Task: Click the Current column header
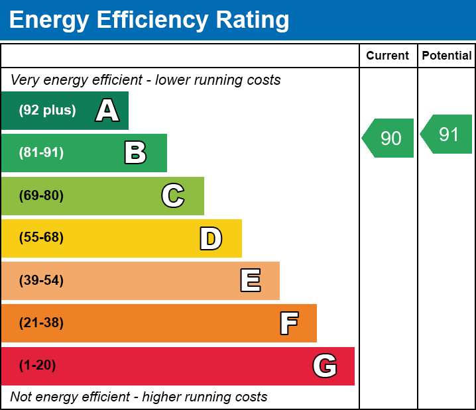387,56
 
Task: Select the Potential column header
447,56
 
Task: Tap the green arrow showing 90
388,138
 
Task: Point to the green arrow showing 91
446,134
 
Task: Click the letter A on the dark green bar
107,110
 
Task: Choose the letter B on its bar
135,152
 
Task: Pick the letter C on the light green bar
173,195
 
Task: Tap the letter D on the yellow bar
211,238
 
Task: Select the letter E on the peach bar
251,280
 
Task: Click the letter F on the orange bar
289,323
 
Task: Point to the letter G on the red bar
325,366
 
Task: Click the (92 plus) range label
47,110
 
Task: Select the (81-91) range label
41,152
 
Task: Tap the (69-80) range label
41,195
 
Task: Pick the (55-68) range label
41,237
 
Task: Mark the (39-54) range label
41,280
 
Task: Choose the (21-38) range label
41,323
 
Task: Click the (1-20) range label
37,365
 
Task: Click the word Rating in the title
253,21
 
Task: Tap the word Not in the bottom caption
21,397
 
